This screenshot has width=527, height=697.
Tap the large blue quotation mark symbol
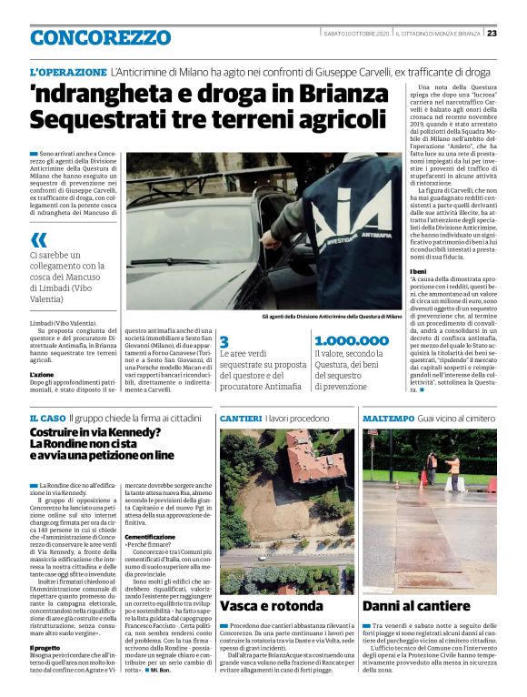38,240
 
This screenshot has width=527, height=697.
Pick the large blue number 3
224,341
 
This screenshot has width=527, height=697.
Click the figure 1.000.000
351,341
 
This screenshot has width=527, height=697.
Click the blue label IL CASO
45,417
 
